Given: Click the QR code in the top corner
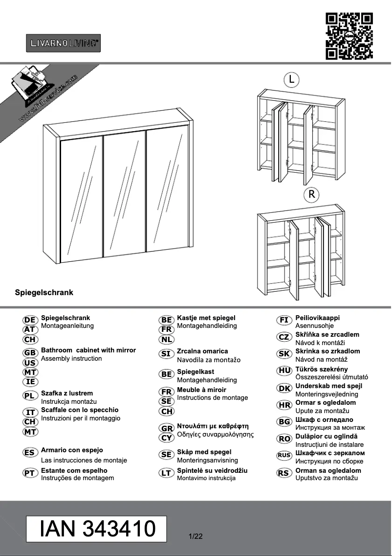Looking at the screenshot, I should coord(349,36).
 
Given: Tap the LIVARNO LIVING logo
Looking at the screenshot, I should coord(63,43).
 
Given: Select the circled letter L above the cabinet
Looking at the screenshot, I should coord(291,79).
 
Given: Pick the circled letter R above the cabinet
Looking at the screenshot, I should coord(311,194).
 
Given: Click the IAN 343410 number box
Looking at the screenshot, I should coord(96,529).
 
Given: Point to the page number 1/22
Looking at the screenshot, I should coord(195,536).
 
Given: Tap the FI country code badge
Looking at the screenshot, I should coord(284,320).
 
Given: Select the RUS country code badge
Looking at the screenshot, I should coord(284,455).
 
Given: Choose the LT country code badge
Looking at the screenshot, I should coord(167,473).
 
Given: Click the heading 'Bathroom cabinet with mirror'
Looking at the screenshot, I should coord(88,350).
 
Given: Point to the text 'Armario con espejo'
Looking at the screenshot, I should coord(72,450).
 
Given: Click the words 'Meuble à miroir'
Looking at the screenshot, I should coord(201,390).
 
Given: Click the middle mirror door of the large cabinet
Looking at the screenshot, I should coord(125,193).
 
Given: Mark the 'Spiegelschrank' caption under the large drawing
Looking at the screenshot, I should coord(44,293).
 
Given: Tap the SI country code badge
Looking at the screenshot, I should coord(167,354).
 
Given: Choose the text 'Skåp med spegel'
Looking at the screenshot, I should coord(204,452).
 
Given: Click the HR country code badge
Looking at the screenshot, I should coord(284,405).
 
